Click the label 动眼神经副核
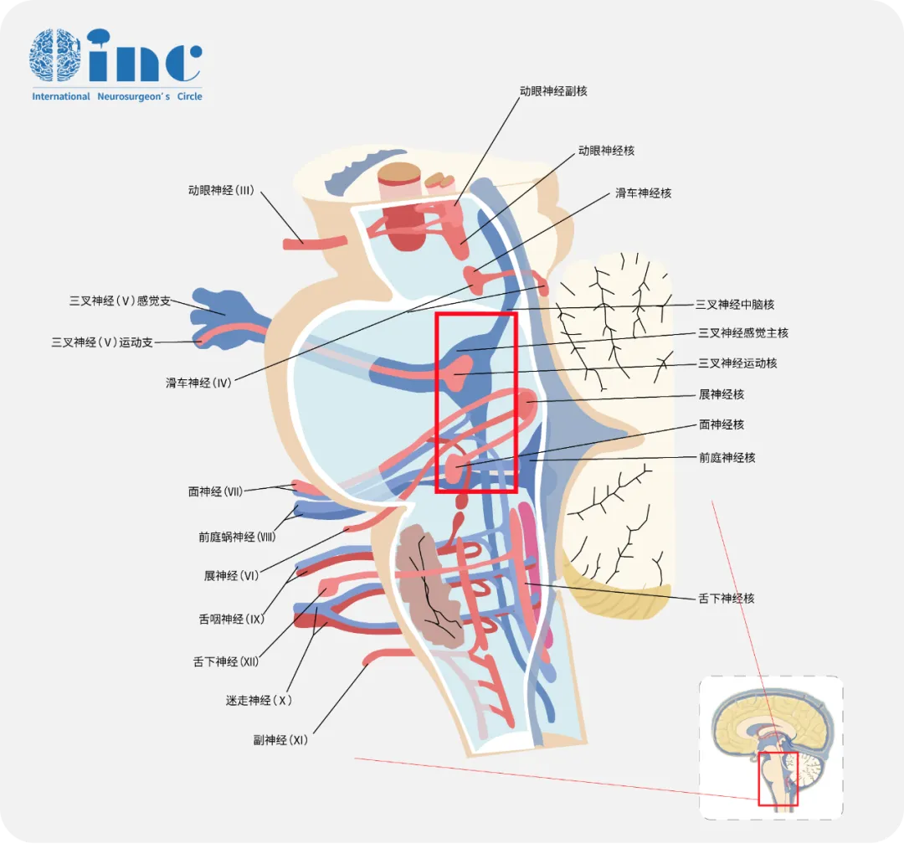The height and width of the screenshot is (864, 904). click(x=553, y=90)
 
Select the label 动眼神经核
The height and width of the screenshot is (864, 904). click(x=606, y=151)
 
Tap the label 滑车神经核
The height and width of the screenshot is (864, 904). click(x=643, y=193)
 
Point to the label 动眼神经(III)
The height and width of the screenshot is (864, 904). click(x=221, y=191)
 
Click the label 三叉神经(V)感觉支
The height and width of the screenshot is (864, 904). click(x=120, y=301)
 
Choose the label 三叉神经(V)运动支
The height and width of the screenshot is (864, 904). click(x=102, y=342)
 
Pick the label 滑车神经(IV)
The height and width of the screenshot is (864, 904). click(x=198, y=383)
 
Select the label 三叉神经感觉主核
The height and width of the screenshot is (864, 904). click(x=743, y=333)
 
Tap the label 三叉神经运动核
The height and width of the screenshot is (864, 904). click(x=737, y=363)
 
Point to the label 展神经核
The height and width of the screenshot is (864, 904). click(x=721, y=394)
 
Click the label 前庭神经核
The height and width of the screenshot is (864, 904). click(x=727, y=458)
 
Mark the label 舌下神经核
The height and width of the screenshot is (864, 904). click(x=727, y=599)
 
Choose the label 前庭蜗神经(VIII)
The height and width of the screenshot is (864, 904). click(x=237, y=537)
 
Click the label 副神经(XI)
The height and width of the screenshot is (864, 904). click(x=280, y=740)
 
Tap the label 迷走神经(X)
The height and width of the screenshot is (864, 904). click(x=259, y=700)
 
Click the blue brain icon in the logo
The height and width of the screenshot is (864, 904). click(x=55, y=56)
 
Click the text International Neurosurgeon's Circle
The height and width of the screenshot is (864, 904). click(x=117, y=96)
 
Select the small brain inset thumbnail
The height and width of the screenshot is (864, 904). click(x=771, y=747)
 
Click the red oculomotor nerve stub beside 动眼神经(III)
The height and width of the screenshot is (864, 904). click(x=315, y=243)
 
